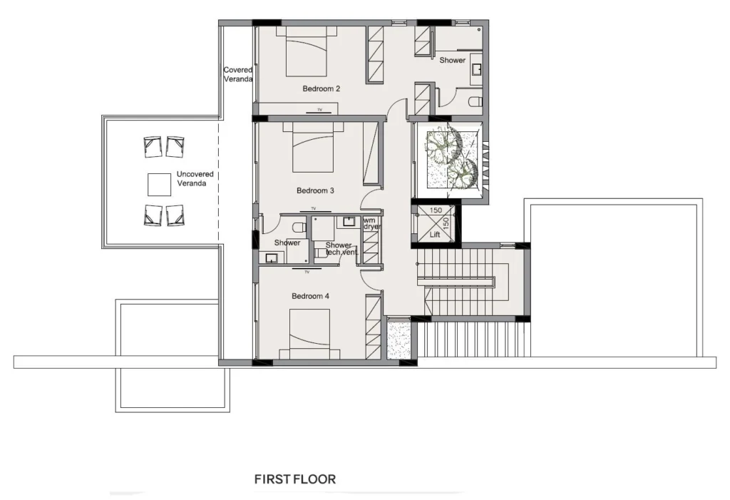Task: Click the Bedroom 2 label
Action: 322,88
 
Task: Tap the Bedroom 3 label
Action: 315,190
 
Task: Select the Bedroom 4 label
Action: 311,296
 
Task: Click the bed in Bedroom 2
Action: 307,51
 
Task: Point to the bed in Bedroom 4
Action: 309,334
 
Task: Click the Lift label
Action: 435,235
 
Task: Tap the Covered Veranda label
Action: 238,75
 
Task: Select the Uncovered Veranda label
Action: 195,178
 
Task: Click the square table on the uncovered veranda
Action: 159,185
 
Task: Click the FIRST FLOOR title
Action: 295,479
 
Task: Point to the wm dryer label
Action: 371,223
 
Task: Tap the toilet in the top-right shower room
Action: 475,101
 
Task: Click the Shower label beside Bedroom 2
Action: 453,60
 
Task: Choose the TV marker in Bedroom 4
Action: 307,270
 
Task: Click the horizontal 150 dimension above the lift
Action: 436,210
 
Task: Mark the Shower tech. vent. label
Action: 341,248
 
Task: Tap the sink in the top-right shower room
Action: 476,70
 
